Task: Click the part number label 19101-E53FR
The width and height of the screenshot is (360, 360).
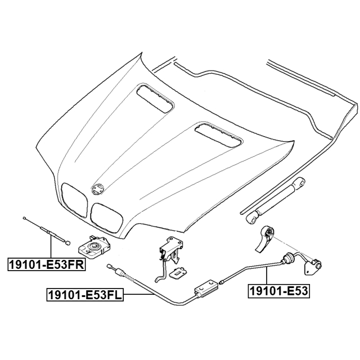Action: coord(46,263)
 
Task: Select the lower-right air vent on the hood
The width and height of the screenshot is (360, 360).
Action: coord(218,136)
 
